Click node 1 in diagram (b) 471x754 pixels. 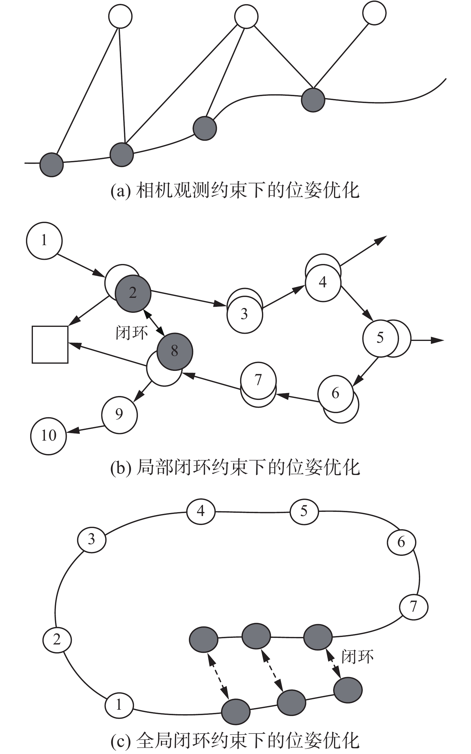44,241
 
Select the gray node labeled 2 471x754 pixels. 133,293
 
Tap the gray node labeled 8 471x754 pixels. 175,351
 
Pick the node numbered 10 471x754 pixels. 48,436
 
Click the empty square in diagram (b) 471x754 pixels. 50,345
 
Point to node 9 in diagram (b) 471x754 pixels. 119,415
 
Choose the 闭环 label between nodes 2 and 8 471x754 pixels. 132,333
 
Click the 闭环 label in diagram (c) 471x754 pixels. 357,657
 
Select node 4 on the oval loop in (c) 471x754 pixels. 201,512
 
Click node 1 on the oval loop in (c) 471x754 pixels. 119,705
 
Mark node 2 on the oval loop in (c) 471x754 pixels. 57,640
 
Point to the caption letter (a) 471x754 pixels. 120,191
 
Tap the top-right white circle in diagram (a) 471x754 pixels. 374,13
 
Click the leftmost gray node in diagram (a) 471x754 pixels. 52,165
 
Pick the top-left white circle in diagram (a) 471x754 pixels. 120,16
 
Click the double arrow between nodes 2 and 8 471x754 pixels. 154,322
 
